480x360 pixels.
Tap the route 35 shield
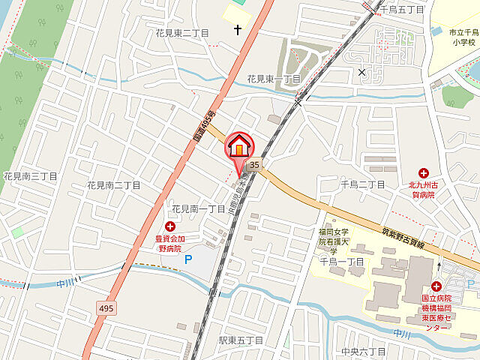(x=255, y=165)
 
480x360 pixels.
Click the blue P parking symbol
(x=188, y=259)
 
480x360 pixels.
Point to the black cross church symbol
(x=238, y=30)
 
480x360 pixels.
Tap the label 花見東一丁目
(x=274, y=79)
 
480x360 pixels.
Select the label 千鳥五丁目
(x=402, y=10)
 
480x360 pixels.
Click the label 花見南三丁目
(x=28, y=176)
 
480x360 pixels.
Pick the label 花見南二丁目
(x=114, y=184)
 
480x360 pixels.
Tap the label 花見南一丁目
(x=199, y=208)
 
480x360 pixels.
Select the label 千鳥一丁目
(x=341, y=261)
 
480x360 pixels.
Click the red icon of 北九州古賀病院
(x=424, y=173)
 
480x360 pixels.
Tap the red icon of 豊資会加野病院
(x=169, y=226)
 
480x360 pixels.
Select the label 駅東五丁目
(x=241, y=340)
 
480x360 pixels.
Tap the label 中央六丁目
(x=362, y=351)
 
